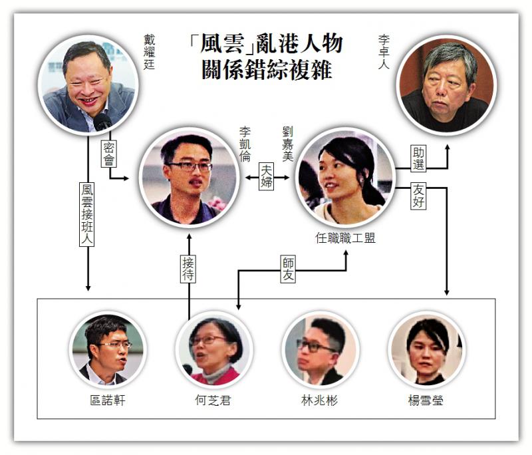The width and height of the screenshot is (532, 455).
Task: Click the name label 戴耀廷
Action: tap(149, 52)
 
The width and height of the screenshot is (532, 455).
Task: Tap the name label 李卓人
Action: tap(384, 52)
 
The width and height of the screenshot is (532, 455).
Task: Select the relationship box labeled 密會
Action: tap(109, 154)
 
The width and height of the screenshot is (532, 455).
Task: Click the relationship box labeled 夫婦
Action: tap(267, 176)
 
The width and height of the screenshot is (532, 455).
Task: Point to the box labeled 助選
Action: tap(418, 158)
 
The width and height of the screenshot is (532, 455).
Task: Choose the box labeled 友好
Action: tap(418, 196)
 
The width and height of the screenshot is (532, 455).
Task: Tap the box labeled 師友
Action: tap(288, 269)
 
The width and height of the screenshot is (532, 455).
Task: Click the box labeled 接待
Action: tap(188, 269)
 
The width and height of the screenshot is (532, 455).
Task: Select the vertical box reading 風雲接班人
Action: tap(87, 214)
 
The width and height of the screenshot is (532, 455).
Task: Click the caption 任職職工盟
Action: tap(345, 238)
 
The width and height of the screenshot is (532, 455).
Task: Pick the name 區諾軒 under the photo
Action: tap(108, 400)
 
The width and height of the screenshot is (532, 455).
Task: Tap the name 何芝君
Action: tap(213, 400)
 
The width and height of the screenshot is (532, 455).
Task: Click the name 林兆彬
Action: tap(319, 400)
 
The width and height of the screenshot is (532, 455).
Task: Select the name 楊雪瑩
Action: tap(426, 400)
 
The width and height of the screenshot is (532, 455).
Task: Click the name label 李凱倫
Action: tap(245, 144)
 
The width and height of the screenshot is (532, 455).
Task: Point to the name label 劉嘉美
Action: tap(288, 144)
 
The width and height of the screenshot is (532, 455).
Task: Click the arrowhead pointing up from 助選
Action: tap(447, 148)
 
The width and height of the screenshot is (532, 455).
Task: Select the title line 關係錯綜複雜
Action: tap(267, 70)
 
